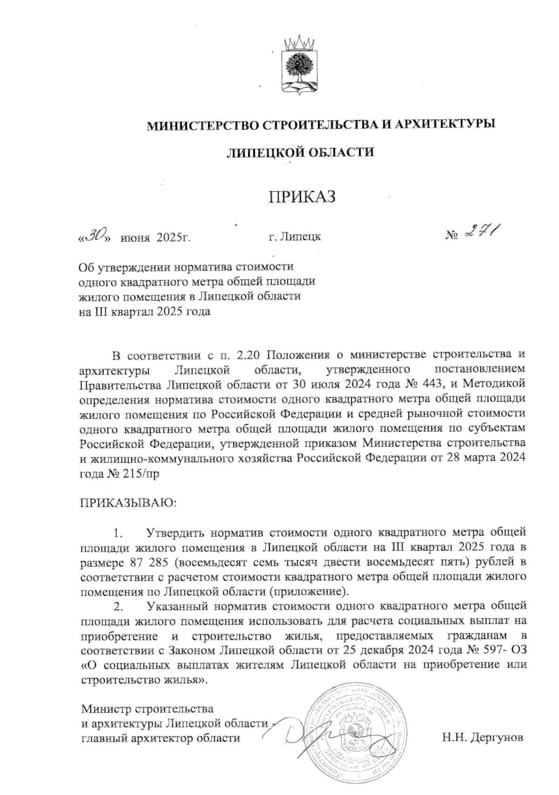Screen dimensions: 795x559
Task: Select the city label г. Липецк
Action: point(294,237)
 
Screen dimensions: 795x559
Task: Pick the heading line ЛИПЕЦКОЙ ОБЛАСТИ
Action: point(300,152)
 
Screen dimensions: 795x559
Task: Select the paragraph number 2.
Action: point(119,606)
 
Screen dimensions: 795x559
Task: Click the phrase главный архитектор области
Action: point(161,738)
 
